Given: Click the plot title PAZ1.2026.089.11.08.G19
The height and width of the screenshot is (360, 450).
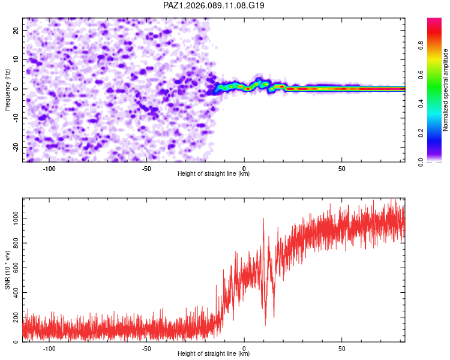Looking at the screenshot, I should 214,5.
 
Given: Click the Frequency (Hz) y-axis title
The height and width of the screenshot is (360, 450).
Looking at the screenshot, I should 7,89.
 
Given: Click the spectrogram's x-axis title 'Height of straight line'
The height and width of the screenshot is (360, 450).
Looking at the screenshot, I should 214,173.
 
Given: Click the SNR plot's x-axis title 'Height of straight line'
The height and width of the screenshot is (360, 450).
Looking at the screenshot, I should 214,354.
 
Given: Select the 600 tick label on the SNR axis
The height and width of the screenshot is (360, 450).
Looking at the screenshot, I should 14,268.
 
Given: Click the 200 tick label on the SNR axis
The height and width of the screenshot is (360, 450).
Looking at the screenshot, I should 14,317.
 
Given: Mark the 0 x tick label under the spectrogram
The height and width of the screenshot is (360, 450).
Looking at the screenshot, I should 244,168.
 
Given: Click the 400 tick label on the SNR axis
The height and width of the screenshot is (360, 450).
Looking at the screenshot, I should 14,293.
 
